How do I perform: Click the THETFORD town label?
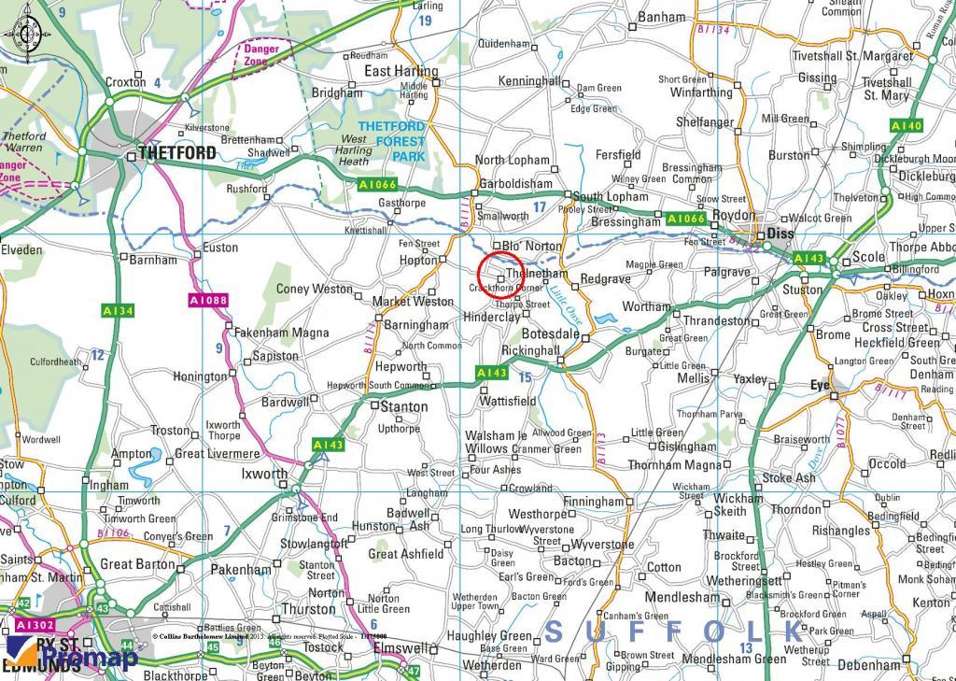click(176, 152)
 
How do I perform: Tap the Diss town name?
click(779, 234)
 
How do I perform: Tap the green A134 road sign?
click(118, 310)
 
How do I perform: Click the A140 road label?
click(906, 125)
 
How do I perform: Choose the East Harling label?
click(401, 71)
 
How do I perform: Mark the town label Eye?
click(820, 384)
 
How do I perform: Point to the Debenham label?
click(869, 665)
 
